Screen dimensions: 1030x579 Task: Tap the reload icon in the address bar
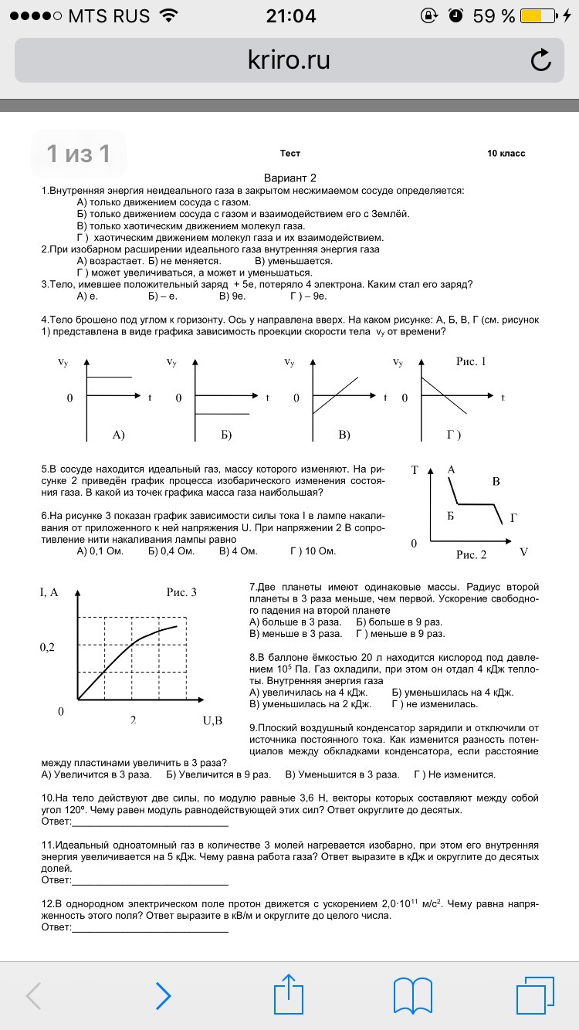pyautogui.click(x=541, y=60)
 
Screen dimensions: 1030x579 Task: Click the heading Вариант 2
pyautogui.click(x=290, y=178)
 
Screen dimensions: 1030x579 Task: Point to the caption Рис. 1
pyautogui.click(x=470, y=361)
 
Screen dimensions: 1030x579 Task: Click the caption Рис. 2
pyautogui.click(x=471, y=554)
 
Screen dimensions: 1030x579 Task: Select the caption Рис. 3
pyautogui.click(x=181, y=592)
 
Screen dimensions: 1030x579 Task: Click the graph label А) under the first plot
pyautogui.click(x=118, y=435)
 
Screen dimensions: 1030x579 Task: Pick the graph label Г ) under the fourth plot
pyautogui.click(x=454, y=435)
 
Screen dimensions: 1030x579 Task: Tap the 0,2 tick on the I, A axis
pyautogui.click(x=48, y=647)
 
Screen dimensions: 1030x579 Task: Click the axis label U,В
pyautogui.click(x=212, y=720)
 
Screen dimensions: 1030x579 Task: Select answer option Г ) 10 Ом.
pyautogui.click(x=313, y=551)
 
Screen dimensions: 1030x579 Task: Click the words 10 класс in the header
pyautogui.click(x=506, y=154)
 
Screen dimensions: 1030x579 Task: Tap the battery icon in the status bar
pyautogui.click(x=539, y=15)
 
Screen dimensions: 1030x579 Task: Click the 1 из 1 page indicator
pyautogui.click(x=78, y=154)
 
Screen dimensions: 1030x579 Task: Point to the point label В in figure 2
pyautogui.click(x=496, y=482)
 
